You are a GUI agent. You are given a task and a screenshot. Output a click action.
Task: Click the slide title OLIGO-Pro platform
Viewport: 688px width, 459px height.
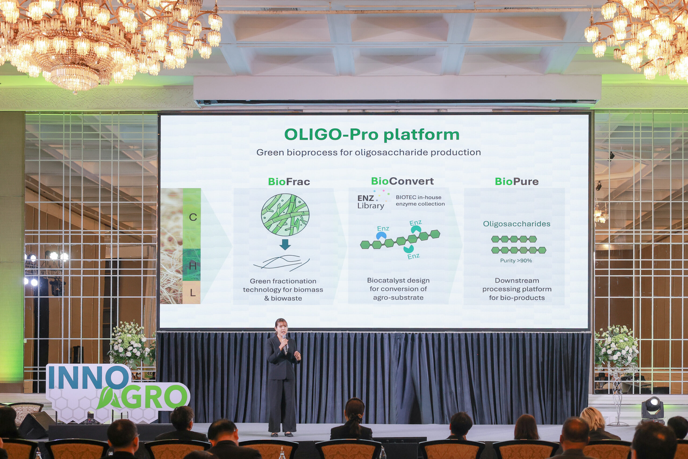pyautogui.click(x=372, y=135)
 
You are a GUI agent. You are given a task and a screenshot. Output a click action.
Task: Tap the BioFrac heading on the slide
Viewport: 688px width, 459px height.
pyautogui.click(x=289, y=182)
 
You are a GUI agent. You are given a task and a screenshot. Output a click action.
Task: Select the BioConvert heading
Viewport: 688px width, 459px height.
pyautogui.click(x=402, y=181)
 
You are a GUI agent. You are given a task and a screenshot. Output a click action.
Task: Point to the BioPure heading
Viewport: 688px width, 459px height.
pyautogui.click(x=517, y=182)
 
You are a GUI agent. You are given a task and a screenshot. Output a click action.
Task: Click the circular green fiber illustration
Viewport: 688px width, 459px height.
pyautogui.click(x=285, y=215)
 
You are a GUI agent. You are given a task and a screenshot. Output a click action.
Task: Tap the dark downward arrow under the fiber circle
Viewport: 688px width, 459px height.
pyautogui.click(x=285, y=244)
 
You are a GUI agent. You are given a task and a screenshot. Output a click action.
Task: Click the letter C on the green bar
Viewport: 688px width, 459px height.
pyautogui.click(x=193, y=217)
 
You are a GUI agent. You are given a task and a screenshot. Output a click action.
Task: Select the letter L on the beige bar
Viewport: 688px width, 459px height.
pyautogui.click(x=192, y=293)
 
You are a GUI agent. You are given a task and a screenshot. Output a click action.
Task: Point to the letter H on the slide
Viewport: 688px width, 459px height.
pyautogui.click(x=193, y=266)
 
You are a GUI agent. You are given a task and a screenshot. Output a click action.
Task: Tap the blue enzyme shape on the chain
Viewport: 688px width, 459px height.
pyautogui.click(x=381, y=235)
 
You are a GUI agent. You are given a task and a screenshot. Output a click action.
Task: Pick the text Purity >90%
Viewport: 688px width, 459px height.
pyautogui.click(x=516, y=261)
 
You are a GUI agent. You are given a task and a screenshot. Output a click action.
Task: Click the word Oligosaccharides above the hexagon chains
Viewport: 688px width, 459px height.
pyautogui.click(x=517, y=224)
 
